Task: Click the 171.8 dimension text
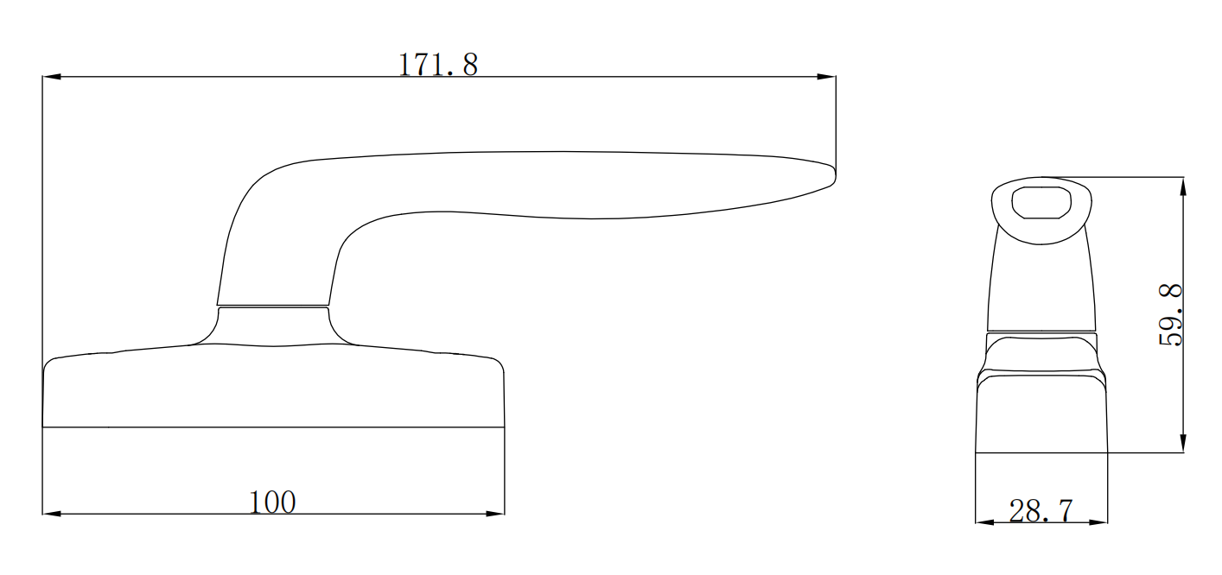click(437, 65)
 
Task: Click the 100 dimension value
click(272, 502)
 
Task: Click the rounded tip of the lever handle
click(831, 175)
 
